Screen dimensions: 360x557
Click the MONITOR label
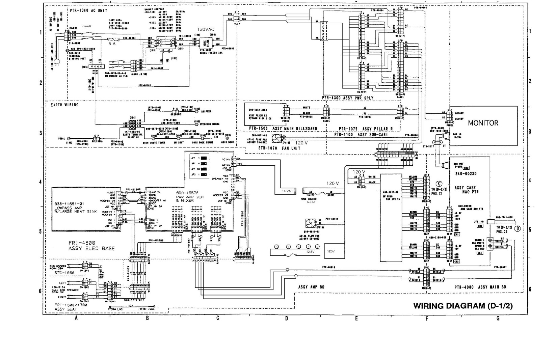click(483, 123)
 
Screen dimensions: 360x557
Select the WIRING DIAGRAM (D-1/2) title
click(463, 306)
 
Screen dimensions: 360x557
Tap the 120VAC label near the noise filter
click(206, 30)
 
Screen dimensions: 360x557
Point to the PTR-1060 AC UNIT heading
click(88, 10)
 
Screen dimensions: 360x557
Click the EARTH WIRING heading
click(64, 105)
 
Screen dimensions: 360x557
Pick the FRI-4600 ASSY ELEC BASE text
click(91, 245)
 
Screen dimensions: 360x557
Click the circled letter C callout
click(439, 184)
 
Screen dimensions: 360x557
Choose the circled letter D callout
click(517, 229)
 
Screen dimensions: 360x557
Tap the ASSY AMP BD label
click(311, 287)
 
